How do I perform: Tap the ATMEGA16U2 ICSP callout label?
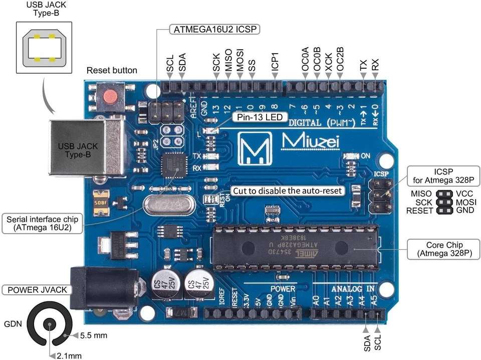215,29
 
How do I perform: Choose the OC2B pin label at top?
340,59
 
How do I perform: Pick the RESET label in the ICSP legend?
419,211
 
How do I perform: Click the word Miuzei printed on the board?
311,142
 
